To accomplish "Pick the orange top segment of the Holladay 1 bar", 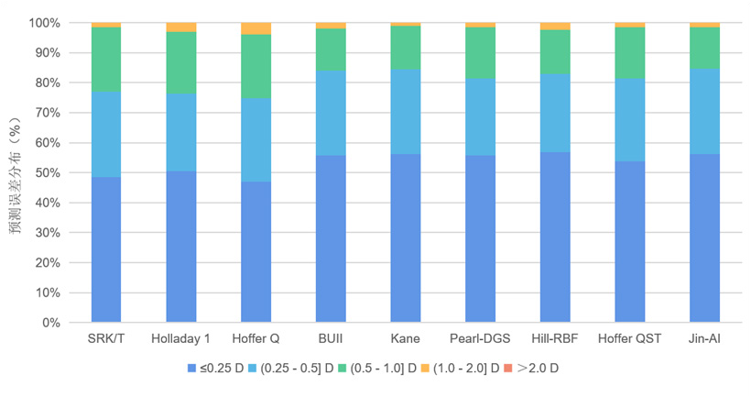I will click(180, 28).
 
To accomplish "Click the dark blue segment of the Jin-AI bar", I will click(704, 238).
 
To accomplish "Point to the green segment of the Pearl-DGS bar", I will click(480, 52).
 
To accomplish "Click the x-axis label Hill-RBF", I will click(554, 339).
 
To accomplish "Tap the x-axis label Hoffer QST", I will click(629, 339).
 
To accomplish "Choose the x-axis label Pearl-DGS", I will click(480, 339).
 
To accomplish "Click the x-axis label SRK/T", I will click(106, 339).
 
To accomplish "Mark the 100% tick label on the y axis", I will click(42, 22).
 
